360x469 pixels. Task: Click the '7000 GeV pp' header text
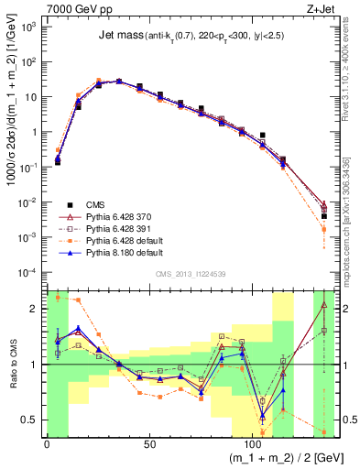77,8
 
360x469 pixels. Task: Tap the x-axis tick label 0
47,445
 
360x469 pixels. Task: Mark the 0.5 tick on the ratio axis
32,420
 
